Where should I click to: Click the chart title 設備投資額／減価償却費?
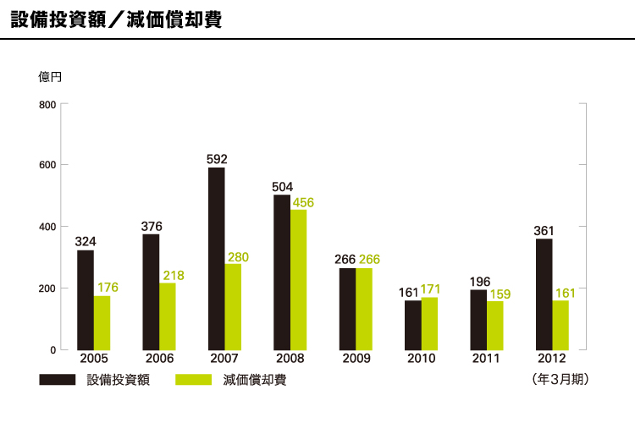[116, 20]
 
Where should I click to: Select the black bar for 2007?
[217, 258]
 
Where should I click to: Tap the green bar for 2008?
[299, 279]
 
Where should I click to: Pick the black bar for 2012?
[544, 294]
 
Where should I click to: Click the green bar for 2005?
[102, 322]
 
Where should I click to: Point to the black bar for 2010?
[413, 325]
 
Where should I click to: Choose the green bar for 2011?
[495, 325]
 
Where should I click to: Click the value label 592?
[217, 158]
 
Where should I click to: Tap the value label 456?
[303, 202]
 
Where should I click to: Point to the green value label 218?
[174, 275]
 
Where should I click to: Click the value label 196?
[478, 281]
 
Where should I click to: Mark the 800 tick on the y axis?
[47, 105]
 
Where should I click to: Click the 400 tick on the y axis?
[47, 227]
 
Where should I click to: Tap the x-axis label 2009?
[356, 359]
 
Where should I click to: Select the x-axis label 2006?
[158, 359]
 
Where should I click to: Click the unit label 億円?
[51, 77]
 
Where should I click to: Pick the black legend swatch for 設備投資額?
[58, 380]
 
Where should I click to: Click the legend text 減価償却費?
[254, 380]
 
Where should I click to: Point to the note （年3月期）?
[560, 380]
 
